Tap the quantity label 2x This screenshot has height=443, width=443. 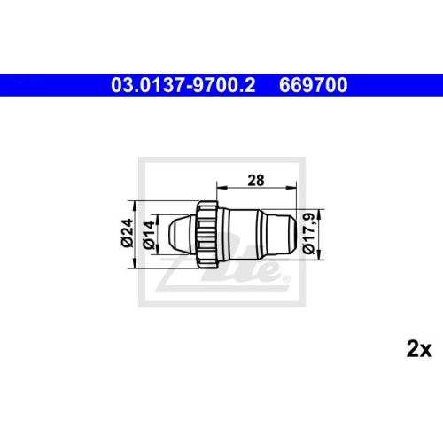click(x=417, y=350)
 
